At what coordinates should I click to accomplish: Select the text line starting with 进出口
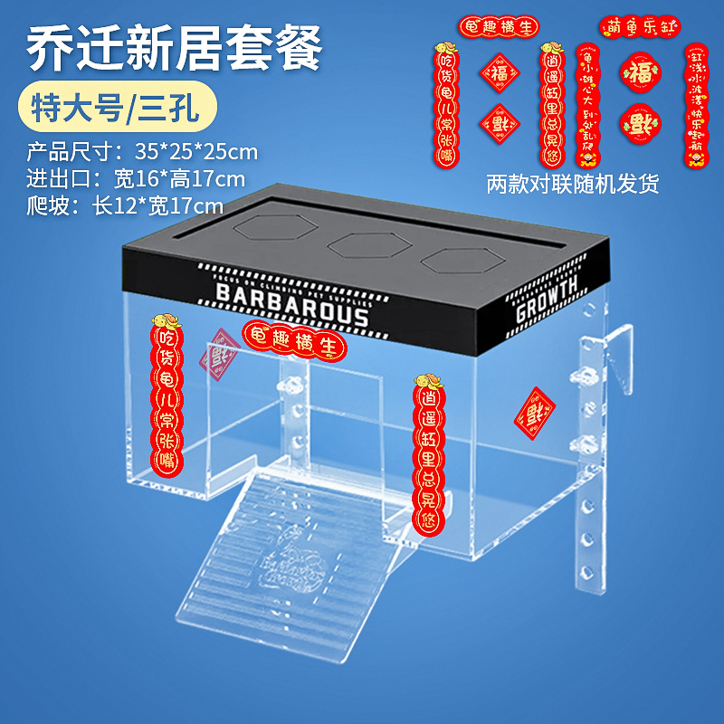[135, 178]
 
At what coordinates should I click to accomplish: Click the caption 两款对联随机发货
[572, 184]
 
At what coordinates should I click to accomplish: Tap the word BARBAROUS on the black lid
[292, 304]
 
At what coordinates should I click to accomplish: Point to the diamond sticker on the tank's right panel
[534, 414]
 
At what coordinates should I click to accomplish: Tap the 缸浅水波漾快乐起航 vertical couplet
[696, 106]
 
